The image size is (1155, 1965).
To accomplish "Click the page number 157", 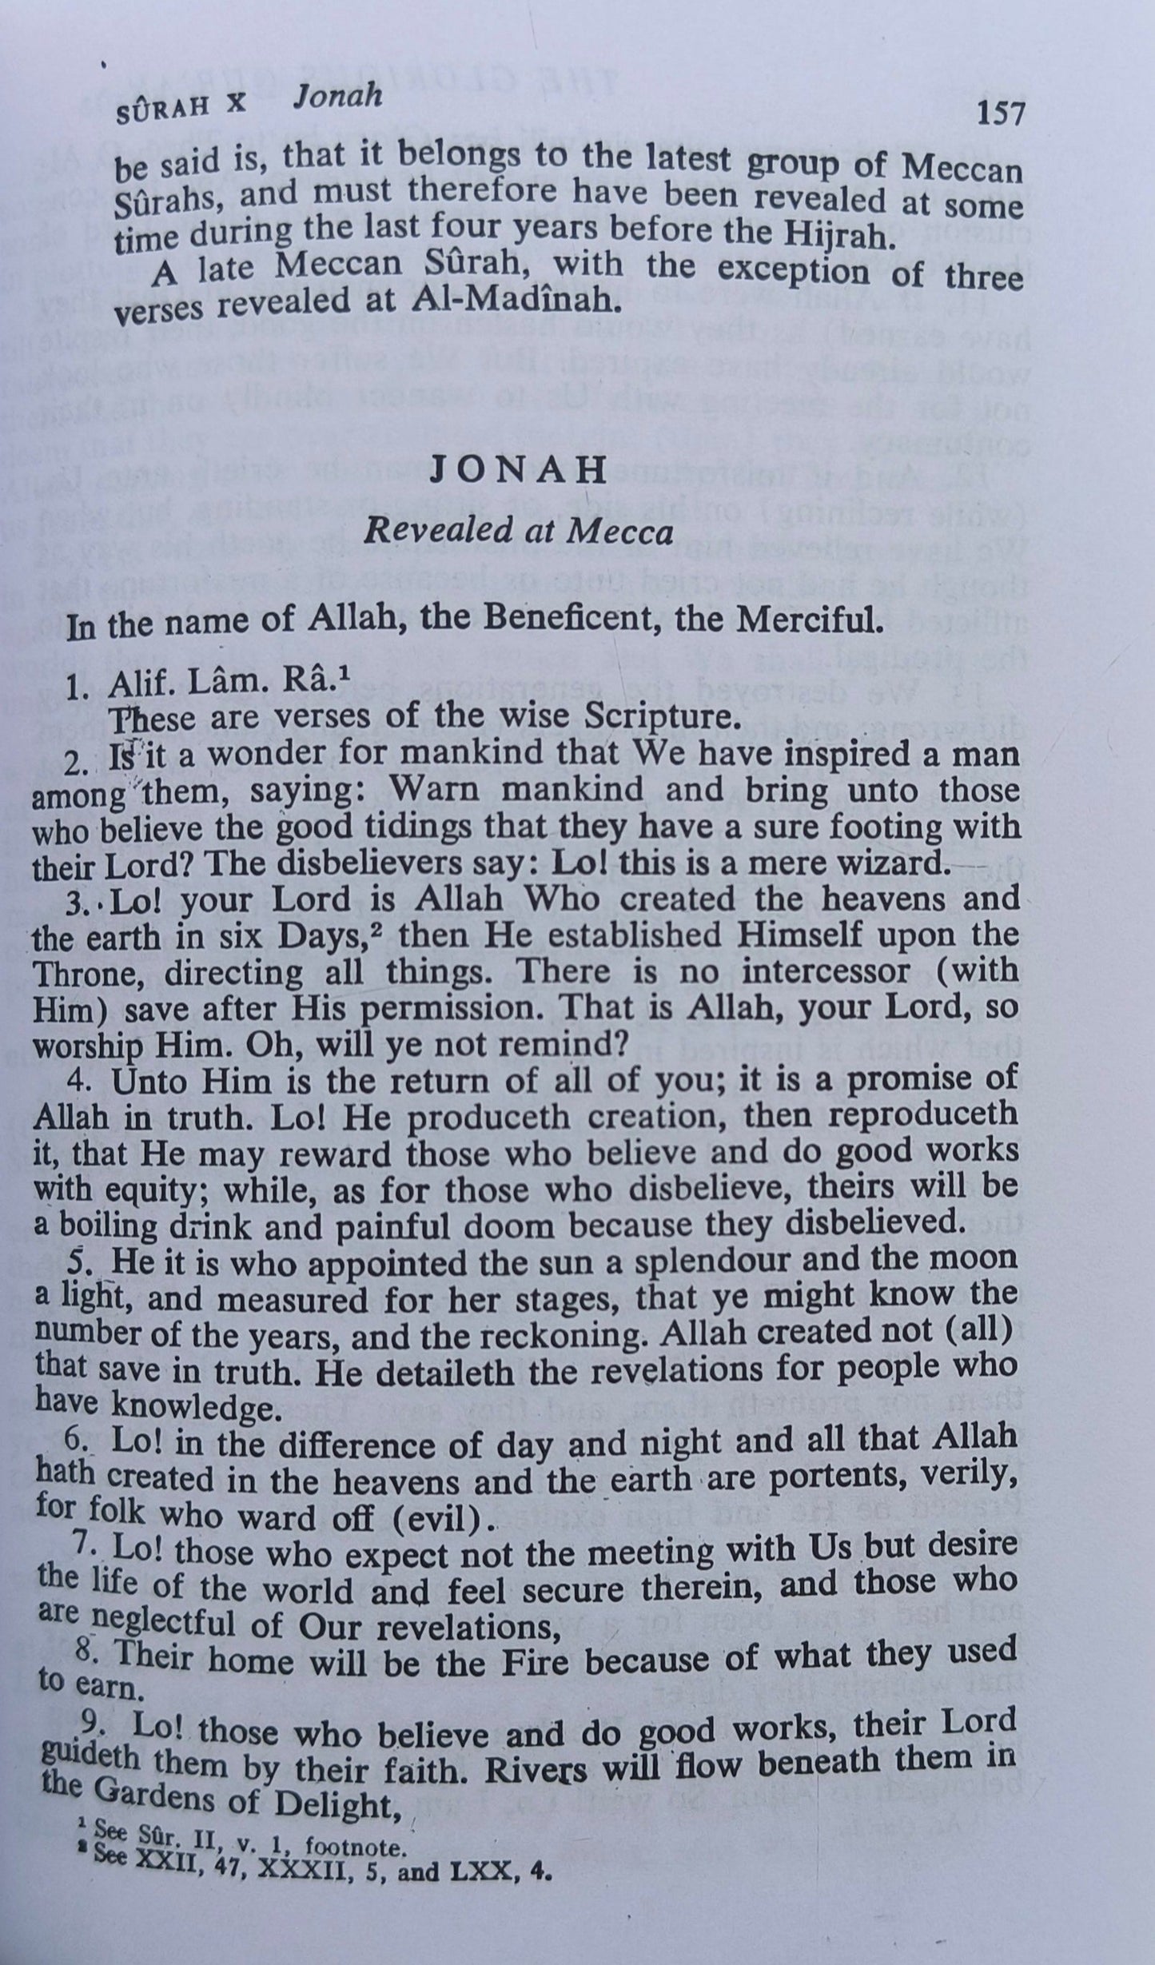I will (1000, 114).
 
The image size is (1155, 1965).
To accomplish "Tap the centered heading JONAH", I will (519, 472).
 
